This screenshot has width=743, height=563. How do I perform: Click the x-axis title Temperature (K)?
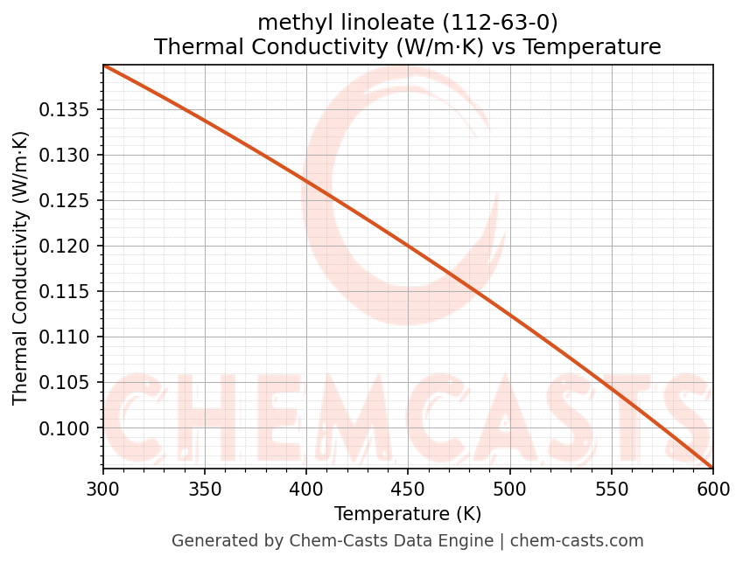tap(408, 514)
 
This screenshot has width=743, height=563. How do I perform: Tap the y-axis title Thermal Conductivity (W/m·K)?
tap(21, 268)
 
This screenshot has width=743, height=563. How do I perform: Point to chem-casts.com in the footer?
tap(577, 541)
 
